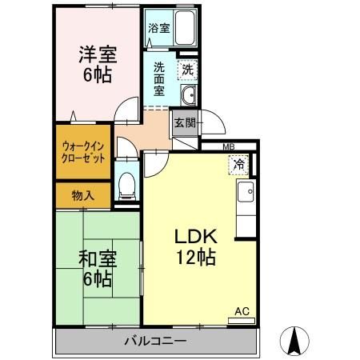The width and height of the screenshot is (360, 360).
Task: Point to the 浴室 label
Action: coord(158,28)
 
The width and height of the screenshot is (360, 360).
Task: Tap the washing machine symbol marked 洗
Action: coord(186,70)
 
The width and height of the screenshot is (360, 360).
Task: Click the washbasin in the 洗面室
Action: coord(188,98)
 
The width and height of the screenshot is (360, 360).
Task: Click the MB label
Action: coord(228,146)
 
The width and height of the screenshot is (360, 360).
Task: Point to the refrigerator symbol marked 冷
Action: coord(238,166)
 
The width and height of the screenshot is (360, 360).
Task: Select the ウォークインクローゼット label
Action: coord(81,152)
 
